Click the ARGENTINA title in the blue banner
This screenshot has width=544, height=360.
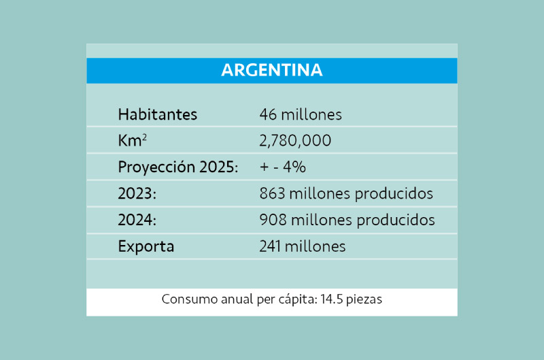(272, 70)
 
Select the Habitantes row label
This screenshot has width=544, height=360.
(157, 114)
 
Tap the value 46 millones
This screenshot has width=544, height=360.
(300, 114)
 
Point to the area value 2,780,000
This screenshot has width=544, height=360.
(295, 141)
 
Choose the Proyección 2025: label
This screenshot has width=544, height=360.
(177, 167)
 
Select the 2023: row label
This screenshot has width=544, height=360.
(137, 194)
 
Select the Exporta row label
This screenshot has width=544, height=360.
(146, 246)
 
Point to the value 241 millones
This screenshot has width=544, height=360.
(302, 246)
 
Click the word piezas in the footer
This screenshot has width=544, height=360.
(367, 300)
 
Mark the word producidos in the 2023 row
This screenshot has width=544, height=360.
(396, 194)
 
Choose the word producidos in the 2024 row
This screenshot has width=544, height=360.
(398, 220)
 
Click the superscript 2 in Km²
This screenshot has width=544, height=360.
(144, 137)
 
